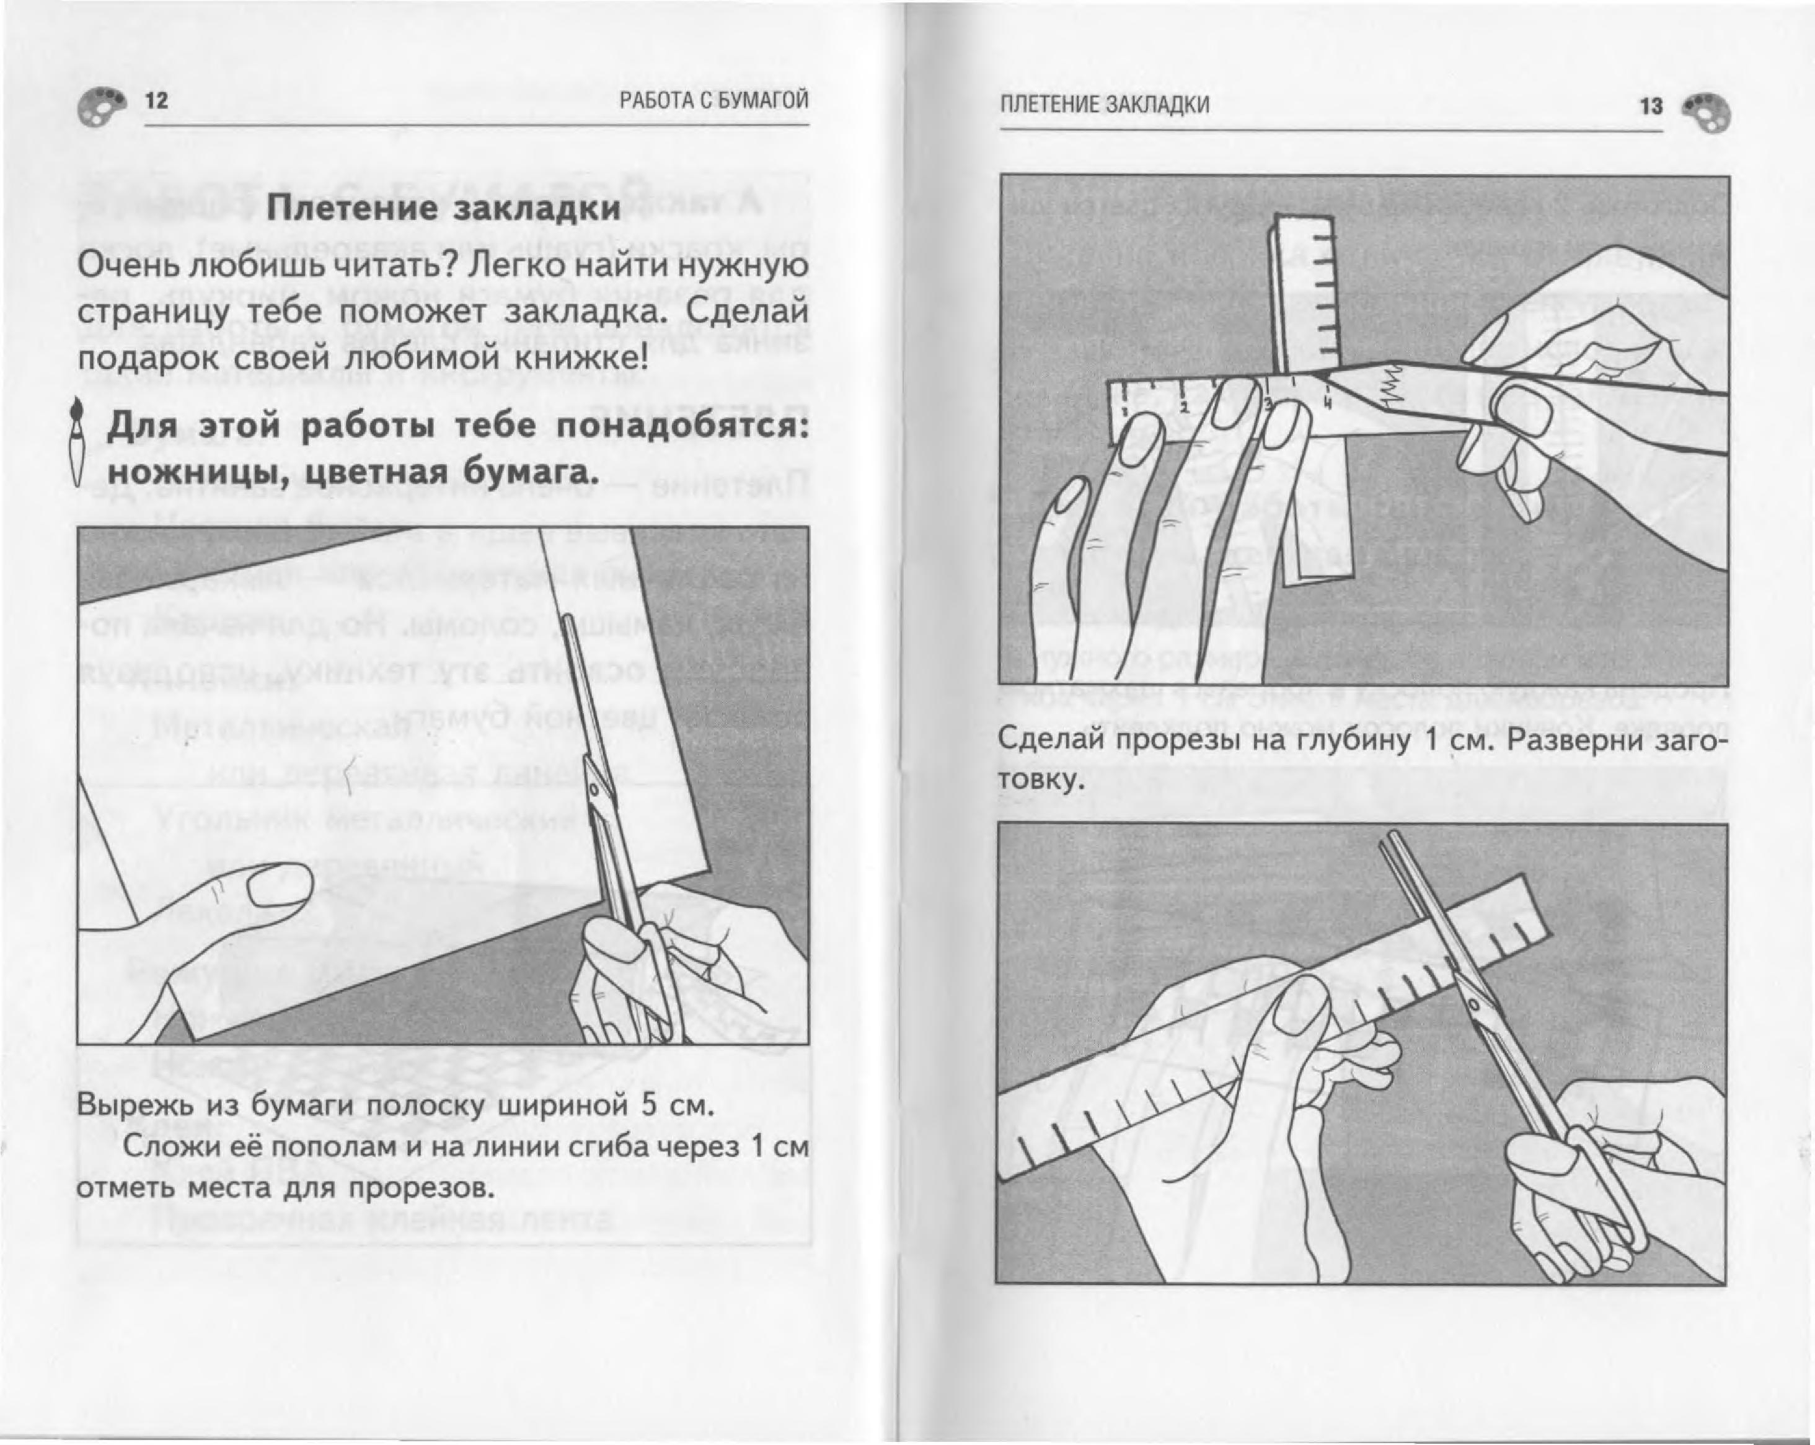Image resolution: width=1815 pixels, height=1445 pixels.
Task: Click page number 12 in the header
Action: click(x=157, y=101)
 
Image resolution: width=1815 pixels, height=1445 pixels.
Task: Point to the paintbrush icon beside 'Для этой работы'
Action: click(x=77, y=441)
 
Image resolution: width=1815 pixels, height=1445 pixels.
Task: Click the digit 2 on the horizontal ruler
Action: click(x=1183, y=407)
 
